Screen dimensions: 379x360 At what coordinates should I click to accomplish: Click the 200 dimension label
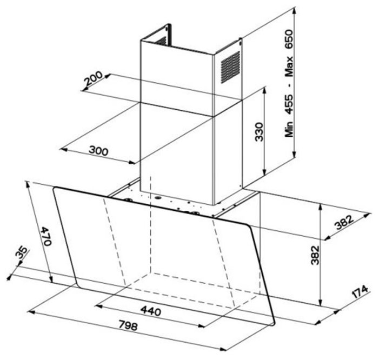[94, 78]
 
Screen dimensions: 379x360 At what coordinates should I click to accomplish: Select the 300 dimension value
[98, 150]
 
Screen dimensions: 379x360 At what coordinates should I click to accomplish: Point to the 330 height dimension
[260, 132]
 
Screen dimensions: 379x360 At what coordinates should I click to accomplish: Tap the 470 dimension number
[45, 236]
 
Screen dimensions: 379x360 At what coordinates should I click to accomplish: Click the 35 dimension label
[21, 252]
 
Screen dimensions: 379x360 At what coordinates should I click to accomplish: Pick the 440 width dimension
[151, 311]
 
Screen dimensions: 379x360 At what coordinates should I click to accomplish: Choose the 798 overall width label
[128, 326]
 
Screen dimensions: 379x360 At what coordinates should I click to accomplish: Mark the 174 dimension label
[360, 292]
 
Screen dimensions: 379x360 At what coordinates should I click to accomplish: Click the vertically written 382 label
[315, 255]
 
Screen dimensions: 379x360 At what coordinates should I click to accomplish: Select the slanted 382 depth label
[344, 222]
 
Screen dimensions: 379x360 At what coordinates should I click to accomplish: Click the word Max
[289, 66]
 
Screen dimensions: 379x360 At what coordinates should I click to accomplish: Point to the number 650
[289, 40]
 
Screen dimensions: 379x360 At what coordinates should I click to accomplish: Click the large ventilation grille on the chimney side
[230, 68]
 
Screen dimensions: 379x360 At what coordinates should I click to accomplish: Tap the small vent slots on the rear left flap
[161, 41]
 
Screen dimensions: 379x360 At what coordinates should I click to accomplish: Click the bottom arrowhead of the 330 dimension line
[265, 172]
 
